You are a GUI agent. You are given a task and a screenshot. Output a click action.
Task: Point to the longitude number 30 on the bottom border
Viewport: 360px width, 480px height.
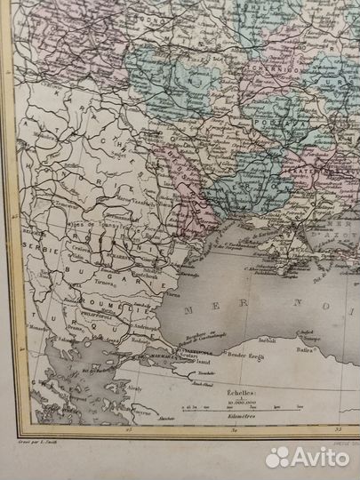point(234,431)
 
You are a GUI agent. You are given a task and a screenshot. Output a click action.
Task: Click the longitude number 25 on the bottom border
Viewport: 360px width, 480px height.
point(129,431)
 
